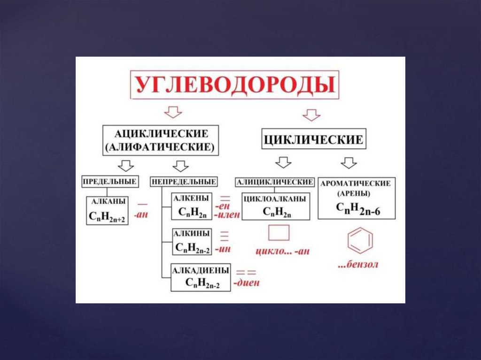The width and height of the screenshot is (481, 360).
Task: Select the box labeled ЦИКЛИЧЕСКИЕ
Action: pos(313,139)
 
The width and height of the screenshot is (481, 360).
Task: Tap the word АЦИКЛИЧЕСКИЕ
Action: pos(161,133)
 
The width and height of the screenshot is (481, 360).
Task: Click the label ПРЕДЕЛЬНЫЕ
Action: pos(110,181)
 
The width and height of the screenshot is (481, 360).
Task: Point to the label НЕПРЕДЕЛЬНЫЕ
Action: pos(183,181)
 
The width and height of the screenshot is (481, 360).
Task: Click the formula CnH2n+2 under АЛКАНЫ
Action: pos(107,216)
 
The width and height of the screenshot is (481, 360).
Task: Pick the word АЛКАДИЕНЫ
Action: pos(201,270)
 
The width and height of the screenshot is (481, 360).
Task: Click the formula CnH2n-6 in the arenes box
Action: pos(358,209)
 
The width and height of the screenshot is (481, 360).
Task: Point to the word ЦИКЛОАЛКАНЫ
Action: pos(276,199)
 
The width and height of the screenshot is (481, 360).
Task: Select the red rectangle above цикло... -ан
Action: pos(279,233)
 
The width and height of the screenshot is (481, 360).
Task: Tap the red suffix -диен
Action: pos(247,283)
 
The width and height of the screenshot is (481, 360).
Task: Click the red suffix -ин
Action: pos(224,249)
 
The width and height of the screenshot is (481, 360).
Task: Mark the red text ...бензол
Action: pos(358,265)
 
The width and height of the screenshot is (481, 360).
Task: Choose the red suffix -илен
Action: pos(227,215)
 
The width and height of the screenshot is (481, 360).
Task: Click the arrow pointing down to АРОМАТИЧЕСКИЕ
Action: pos(349,163)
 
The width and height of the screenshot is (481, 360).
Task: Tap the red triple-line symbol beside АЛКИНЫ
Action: pos(225,235)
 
